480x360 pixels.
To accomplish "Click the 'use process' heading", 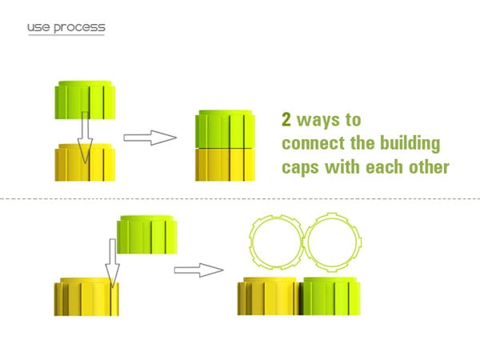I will pyautogui.click(x=66, y=28).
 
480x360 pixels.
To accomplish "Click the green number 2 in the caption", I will pyautogui.click(x=286, y=121).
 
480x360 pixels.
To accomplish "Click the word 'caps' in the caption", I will pyautogui.click(x=300, y=169).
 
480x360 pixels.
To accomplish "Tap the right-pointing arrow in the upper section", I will pyautogui.click(x=150, y=138).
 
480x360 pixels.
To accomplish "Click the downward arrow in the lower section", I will pyautogui.click(x=113, y=256).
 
